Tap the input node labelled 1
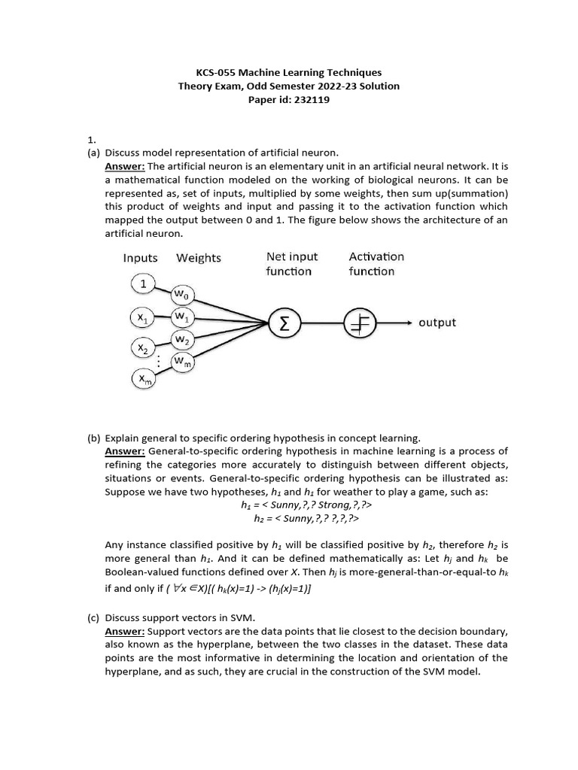point(143,284)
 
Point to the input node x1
point(142,319)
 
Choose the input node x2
point(142,348)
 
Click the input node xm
point(142,380)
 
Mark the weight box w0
point(183,293)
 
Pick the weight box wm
point(183,362)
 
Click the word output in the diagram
point(437,323)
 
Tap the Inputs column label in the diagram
point(141,258)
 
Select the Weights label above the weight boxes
point(199,258)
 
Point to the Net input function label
point(292,264)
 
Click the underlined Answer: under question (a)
point(125,166)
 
